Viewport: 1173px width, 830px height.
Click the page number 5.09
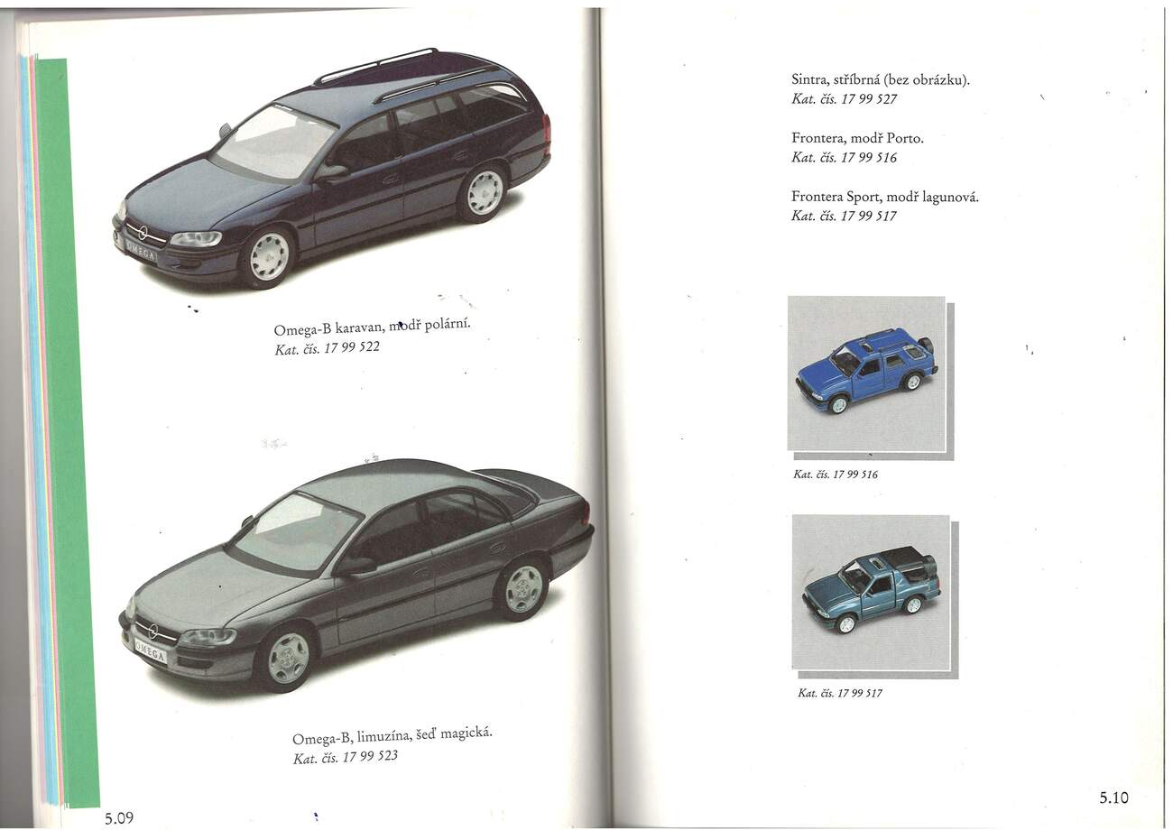[118, 818]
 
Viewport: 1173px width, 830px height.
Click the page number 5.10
[1114, 798]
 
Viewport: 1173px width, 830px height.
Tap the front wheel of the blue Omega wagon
[269, 256]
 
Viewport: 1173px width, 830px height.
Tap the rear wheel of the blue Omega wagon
[485, 192]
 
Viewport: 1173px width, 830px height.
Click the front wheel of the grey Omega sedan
[288, 658]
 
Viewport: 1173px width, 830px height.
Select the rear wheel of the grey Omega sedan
[523, 589]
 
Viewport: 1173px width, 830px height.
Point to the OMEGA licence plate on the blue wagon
[141, 250]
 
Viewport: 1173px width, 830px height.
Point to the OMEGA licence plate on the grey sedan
[151, 650]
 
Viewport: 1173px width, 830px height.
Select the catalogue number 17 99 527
[869, 99]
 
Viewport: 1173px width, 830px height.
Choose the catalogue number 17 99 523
[370, 756]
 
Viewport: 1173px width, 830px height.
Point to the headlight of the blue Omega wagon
[196, 239]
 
